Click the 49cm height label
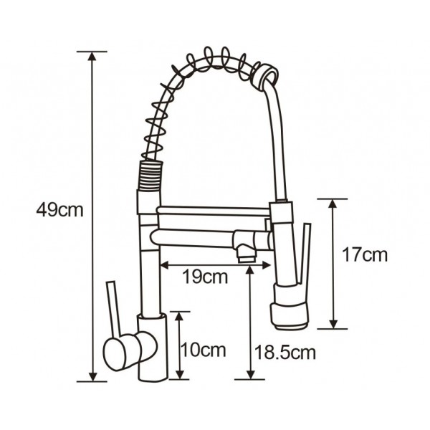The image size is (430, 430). [x=59, y=210]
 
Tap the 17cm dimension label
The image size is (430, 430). [x=365, y=255]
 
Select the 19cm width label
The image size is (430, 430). [x=205, y=277]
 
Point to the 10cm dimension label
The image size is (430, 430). [x=204, y=350]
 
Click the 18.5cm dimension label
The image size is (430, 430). [x=285, y=353]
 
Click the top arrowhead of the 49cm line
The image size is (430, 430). [x=92, y=57]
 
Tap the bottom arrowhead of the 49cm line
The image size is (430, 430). [x=93, y=376]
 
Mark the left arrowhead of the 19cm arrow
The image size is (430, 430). [x=165, y=265]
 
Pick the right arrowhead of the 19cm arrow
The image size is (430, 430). [x=266, y=265]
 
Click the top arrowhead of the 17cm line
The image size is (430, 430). [x=333, y=204]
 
